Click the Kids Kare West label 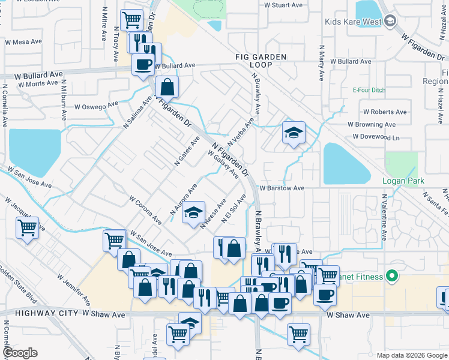[x=353, y=22]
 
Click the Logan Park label [x=403, y=181]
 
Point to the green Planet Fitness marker [x=392, y=277]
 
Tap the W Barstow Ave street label [x=282, y=188]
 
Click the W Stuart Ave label [x=283, y=5]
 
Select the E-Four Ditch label [x=369, y=90]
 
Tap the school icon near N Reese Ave [x=193, y=214]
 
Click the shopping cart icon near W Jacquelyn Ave [x=27, y=227]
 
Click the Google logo [x=20, y=352]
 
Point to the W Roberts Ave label [x=385, y=112]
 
